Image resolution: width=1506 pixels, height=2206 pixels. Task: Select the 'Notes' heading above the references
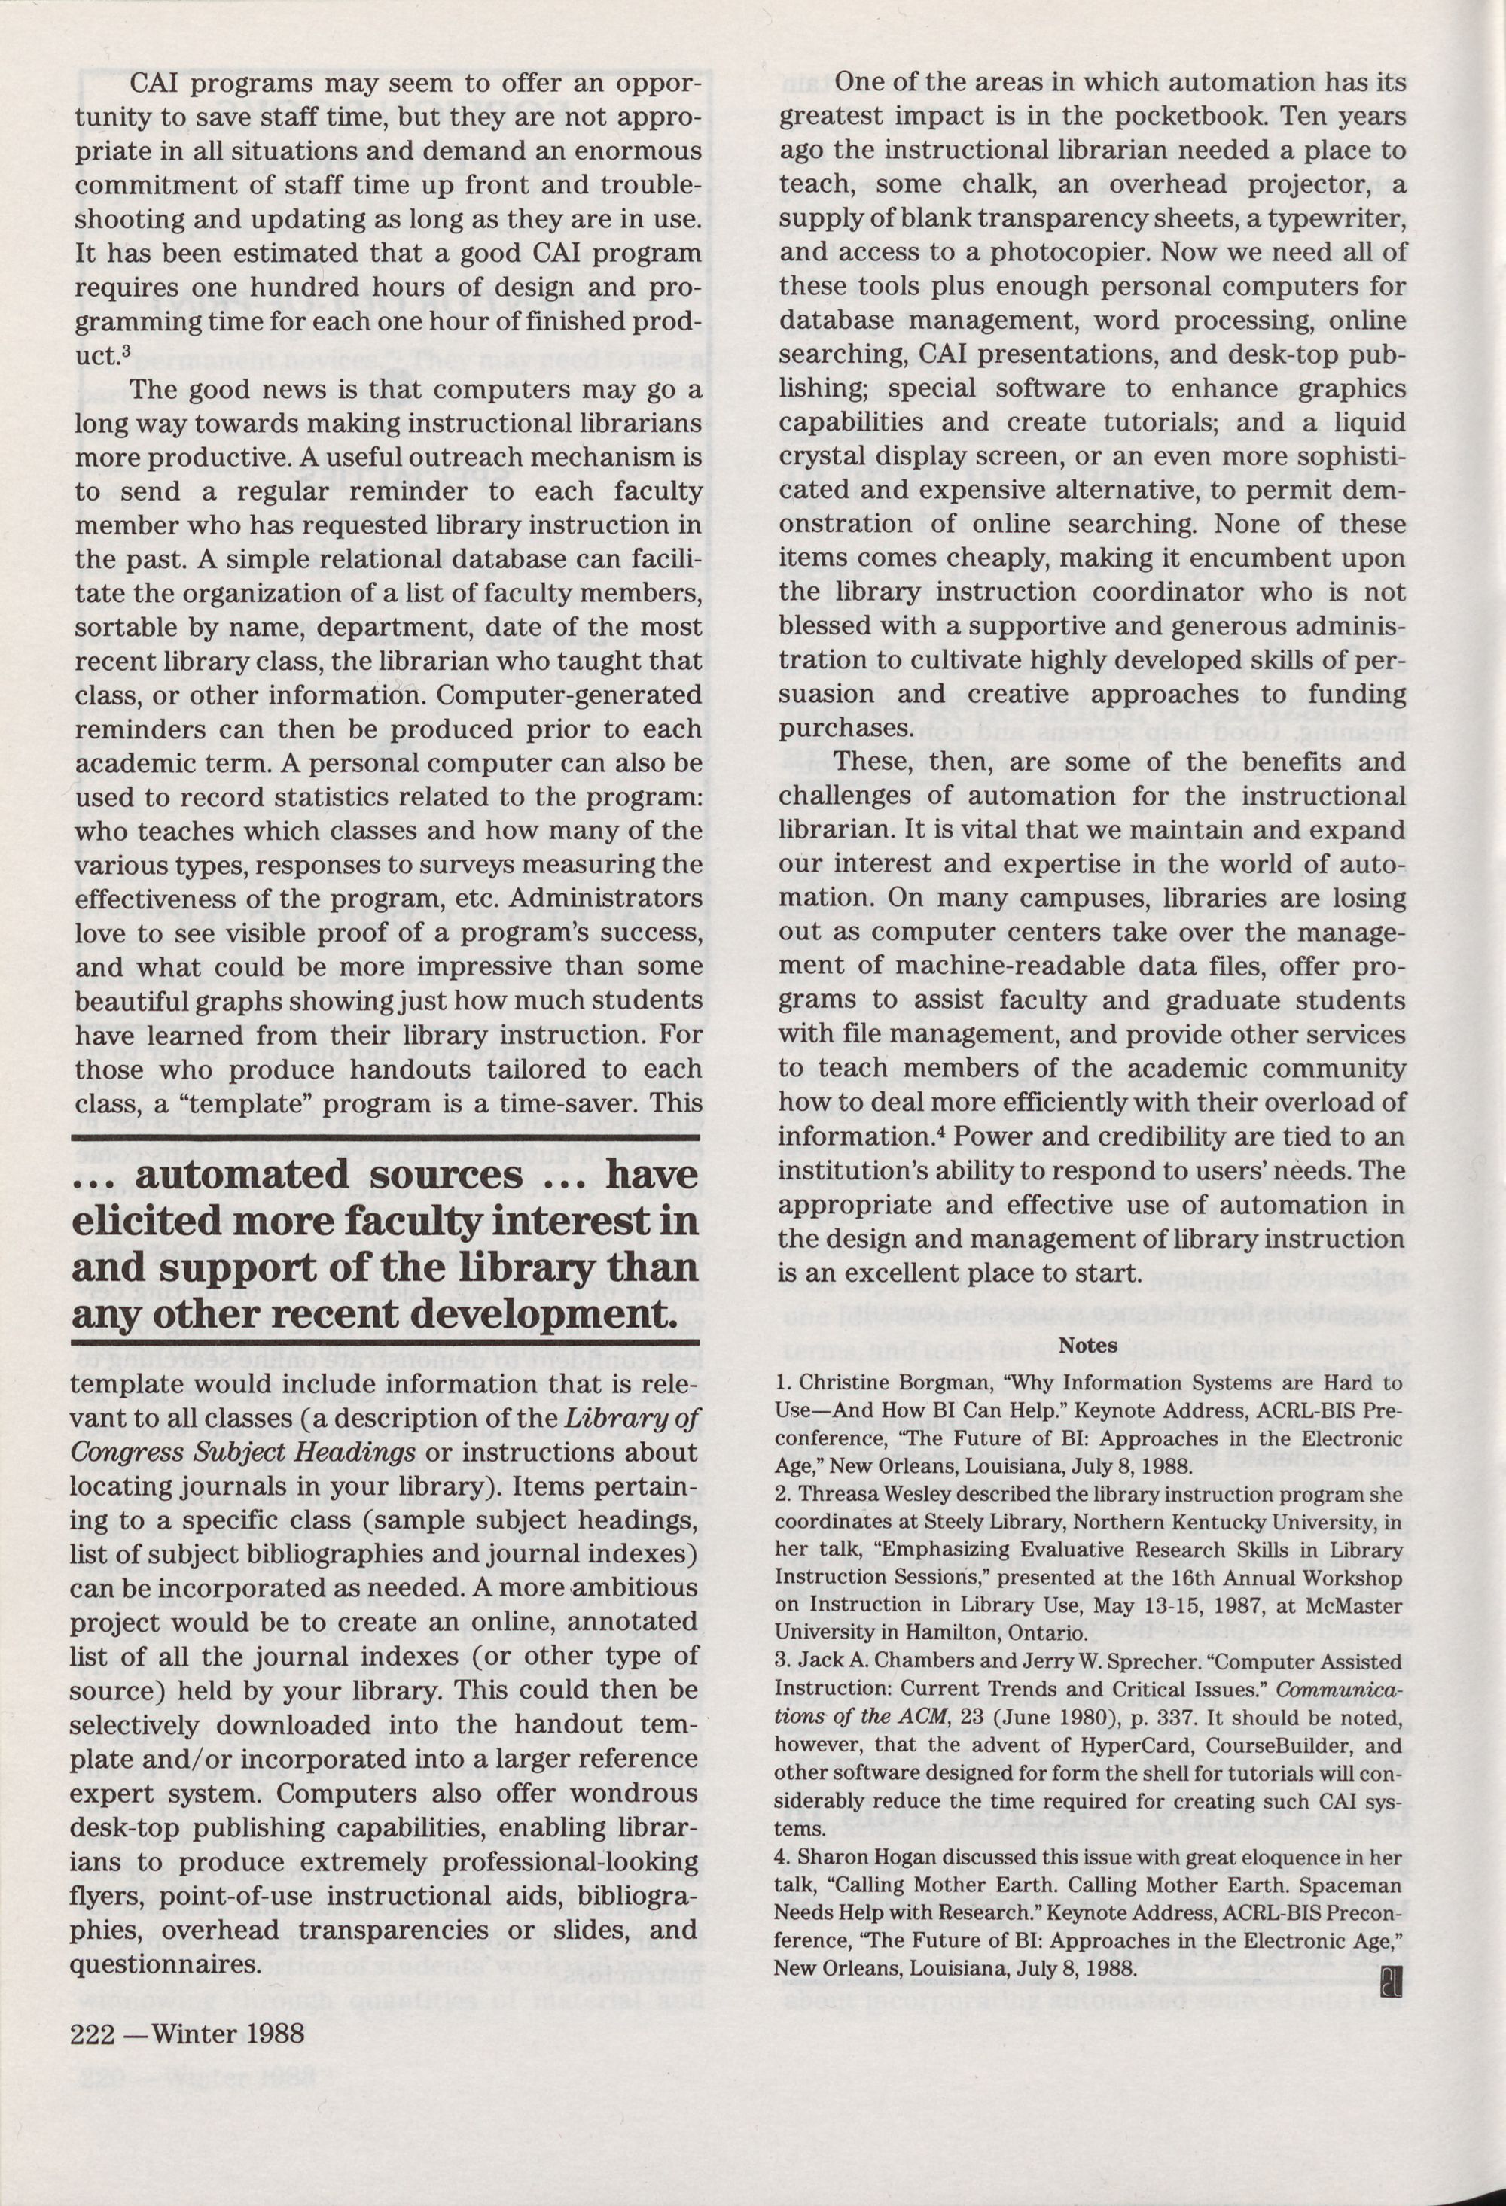(1088, 1345)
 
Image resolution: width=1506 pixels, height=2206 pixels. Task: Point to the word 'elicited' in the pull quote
(150, 1222)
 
